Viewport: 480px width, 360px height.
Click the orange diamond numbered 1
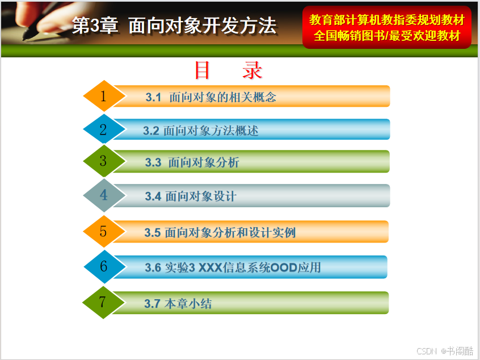click(104, 96)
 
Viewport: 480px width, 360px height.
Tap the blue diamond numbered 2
click(104, 129)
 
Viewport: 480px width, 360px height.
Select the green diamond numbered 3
click(104, 161)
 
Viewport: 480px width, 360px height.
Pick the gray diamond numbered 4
click(104, 195)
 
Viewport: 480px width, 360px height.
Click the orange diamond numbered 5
click(104, 231)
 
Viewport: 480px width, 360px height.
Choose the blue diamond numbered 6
click(104, 266)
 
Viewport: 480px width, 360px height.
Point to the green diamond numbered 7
click(103, 303)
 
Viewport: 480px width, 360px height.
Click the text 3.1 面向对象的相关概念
click(211, 97)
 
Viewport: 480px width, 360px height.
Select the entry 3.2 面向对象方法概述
click(201, 131)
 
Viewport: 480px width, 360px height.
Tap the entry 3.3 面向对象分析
click(192, 162)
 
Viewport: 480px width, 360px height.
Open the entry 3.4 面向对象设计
click(191, 196)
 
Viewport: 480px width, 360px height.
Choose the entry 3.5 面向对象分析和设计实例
click(220, 233)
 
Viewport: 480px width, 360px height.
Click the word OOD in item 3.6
click(284, 267)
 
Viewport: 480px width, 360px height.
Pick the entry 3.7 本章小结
click(178, 304)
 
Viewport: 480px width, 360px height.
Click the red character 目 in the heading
click(203, 70)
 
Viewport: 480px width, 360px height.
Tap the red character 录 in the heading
click(252, 70)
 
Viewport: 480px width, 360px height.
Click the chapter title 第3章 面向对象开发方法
click(175, 25)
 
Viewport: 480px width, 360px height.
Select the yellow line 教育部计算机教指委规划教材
click(387, 20)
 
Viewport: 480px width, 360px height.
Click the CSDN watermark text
click(427, 351)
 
